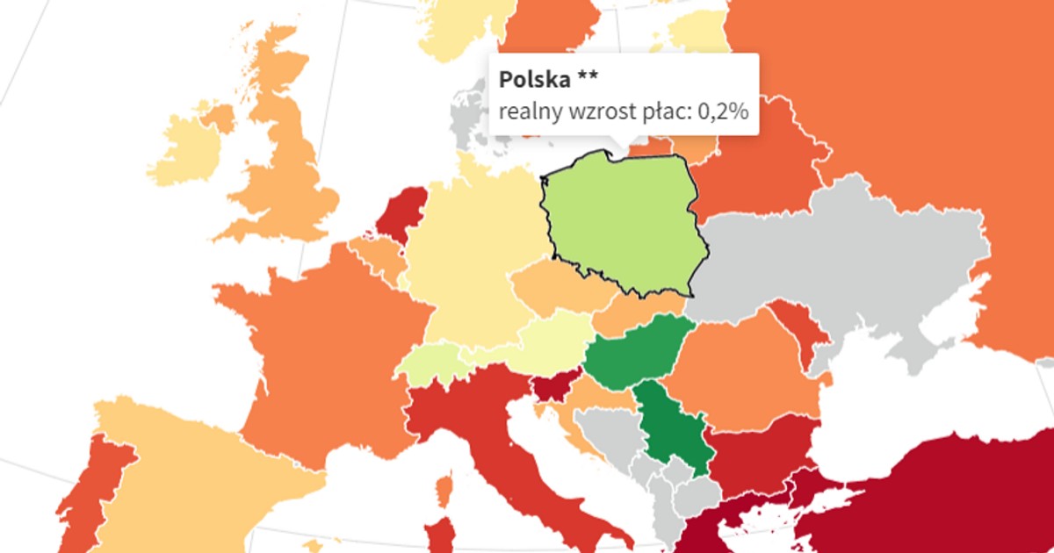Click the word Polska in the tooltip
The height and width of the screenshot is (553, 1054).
coord(534,80)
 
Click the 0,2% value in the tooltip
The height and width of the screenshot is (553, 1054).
coord(722,112)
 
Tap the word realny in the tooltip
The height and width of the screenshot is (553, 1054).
coord(525,112)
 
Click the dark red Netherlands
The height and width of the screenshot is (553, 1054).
coord(402,215)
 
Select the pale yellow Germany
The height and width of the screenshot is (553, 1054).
coord(466,263)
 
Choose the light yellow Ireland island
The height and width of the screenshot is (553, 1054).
coord(189,149)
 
